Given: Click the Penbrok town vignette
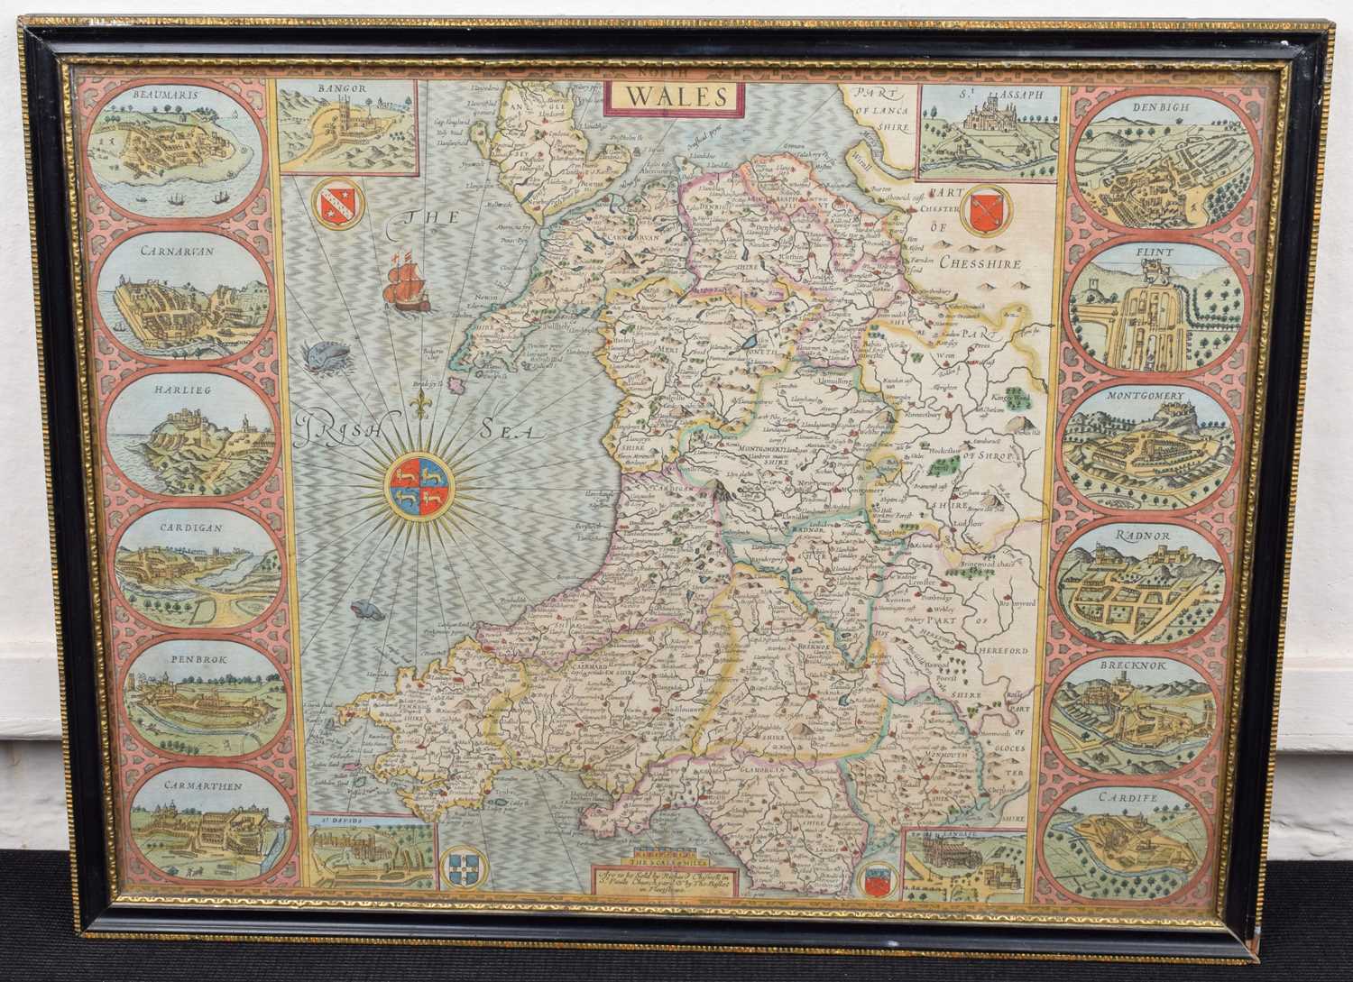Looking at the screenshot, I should pyautogui.click(x=191, y=711).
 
